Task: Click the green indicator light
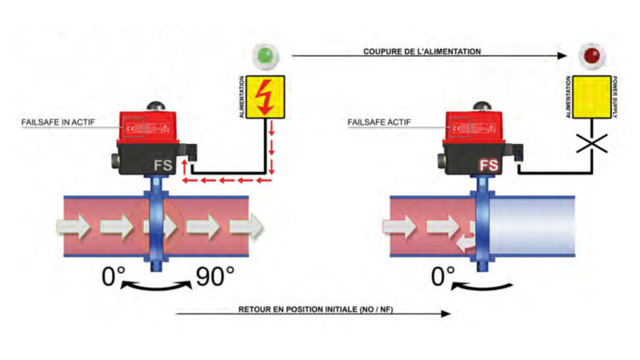(262, 56)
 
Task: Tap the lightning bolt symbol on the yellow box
(262, 98)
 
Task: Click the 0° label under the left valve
(115, 278)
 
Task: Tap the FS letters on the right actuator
(490, 166)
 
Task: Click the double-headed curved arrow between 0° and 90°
(160, 286)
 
